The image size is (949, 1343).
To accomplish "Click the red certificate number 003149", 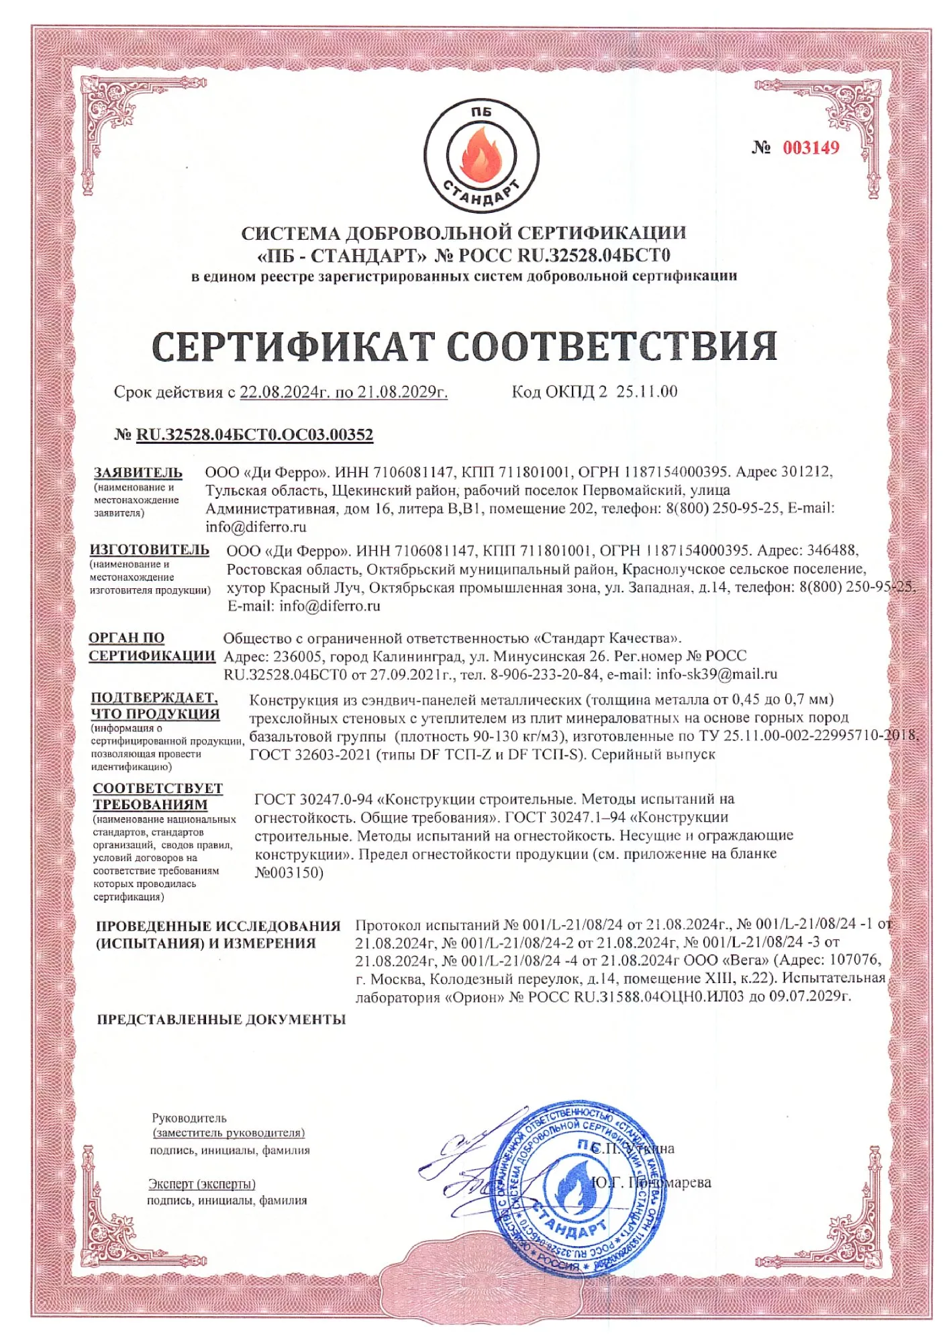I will coord(810,148).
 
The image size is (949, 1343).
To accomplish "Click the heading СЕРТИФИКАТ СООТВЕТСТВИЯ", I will coord(464,346).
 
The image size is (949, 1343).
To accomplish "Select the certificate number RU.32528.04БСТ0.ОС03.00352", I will coord(254,434).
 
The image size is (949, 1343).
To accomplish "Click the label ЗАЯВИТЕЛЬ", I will coord(138,473).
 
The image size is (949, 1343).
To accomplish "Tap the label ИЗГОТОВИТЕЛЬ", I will coord(150,550).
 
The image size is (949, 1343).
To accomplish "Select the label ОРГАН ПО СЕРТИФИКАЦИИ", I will coord(152,647).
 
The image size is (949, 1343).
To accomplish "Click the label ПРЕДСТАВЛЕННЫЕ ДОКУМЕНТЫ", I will coord(221,1019).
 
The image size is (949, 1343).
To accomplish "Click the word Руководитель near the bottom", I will coord(189,1118).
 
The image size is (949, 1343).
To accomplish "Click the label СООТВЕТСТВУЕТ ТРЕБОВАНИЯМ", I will coord(158,796).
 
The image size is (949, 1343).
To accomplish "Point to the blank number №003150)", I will coord(289,873).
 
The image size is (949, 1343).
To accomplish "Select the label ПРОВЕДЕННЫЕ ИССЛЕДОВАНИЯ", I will coord(218,926).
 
